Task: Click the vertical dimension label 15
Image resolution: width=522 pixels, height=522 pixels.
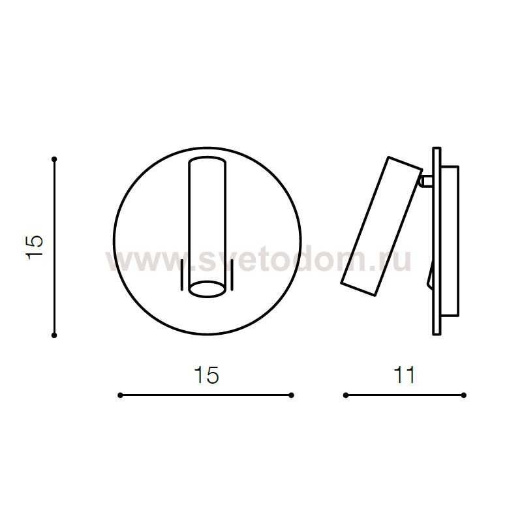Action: pyautogui.click(x=35, y=247)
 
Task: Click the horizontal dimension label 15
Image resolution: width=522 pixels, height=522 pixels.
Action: pyautogui.click(x=206, y=375)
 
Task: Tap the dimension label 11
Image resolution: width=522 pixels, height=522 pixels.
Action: pyautogui.click(x=405, y=375)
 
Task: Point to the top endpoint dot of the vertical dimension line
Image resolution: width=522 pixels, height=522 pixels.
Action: pyautogui.click(x=54, y=159)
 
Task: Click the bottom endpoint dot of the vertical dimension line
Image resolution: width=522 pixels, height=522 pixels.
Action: pyautogui.click(x=54, y=335)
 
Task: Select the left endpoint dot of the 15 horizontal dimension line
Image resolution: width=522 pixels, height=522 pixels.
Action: pyautogui.click(x=120, y=395)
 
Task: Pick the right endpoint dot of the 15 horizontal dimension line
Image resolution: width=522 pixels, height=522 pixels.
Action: pyautogui.click(x=291, y=395)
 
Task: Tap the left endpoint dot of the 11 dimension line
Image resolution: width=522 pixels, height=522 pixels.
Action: pyautogui.click(x=346, y=395)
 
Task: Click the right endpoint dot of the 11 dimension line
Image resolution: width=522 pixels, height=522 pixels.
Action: pyautogui.click(x=463, y=395)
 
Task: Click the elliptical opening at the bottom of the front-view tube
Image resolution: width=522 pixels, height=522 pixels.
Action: pyautogui.click(x=207, y=288)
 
